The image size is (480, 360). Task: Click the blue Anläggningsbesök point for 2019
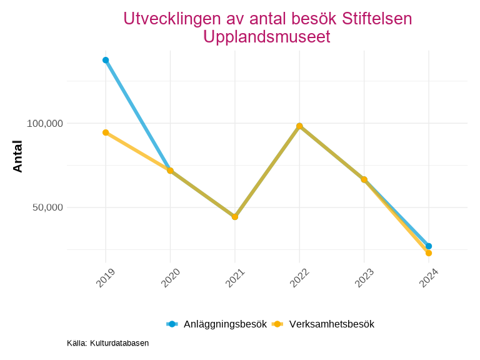point(106,60)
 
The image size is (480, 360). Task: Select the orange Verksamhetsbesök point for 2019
point(106,132)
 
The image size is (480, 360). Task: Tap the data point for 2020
point(170,171)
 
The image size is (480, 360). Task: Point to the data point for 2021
point(235,217)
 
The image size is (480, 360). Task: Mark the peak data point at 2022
point(299,126)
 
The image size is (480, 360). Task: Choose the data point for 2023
point(364,179)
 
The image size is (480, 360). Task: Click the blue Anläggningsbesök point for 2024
point(429,246)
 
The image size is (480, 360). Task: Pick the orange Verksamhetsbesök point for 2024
point(429,253)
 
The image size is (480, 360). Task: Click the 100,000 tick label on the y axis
point(45,124)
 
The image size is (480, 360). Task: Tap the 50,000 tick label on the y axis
point(47,207)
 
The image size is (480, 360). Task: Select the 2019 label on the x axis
point(106,278)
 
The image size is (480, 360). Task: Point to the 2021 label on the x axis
point(236,278)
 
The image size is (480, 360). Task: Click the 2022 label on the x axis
point(300,278)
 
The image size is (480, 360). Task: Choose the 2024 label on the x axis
point(429,278)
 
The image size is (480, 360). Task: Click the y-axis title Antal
point(17,156)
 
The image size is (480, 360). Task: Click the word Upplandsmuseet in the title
point(267,37)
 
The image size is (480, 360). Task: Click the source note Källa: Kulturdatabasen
point(107,343)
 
